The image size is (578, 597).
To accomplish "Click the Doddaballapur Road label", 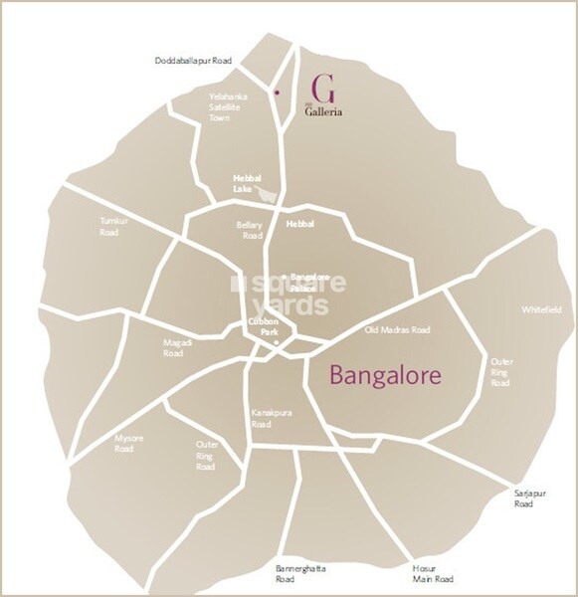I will pos(192,61).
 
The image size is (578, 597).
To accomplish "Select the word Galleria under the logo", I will pos(323,112).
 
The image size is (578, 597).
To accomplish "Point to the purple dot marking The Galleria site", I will pos(276,93).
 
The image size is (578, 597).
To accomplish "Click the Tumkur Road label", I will pos(108,226).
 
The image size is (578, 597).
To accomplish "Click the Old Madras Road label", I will pos(396,329).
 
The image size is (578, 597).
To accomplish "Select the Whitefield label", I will pos(540,309).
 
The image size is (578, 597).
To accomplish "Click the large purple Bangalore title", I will pos(384,377).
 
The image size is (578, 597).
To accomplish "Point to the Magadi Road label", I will pos(175,347).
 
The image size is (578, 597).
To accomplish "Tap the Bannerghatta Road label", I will pos(298,573).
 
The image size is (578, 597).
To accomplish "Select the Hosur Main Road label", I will pos(433,573).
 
